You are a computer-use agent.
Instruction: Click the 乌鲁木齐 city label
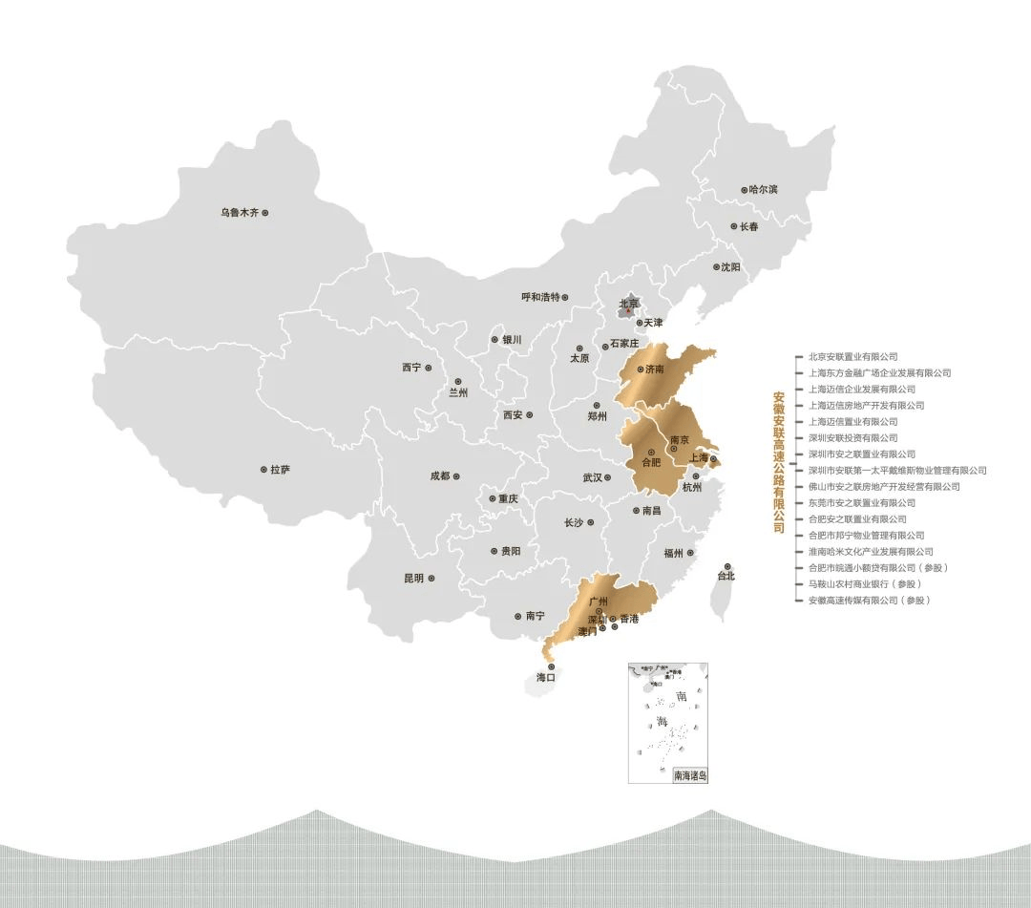[240, 212]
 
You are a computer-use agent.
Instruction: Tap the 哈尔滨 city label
[764, 189]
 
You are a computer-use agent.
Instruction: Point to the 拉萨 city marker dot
[263, 470]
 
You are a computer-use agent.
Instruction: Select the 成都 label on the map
[439, 475]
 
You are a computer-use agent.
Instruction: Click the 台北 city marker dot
[727, 566]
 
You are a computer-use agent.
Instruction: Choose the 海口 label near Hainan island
[546, 677]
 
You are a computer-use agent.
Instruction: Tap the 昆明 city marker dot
[432, 578]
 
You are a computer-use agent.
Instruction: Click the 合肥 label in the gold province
[650, 462]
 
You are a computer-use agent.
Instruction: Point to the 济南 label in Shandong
[654, 369]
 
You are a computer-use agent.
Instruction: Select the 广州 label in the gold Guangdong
[599, 602]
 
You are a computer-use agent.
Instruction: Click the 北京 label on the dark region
[628, 304]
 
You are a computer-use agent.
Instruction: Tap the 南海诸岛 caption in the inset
[690, 776]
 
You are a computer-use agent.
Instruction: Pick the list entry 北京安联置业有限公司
[852, 357]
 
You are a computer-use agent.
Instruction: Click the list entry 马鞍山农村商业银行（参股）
[865, 583]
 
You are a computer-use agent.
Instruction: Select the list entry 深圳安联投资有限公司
[852, 438]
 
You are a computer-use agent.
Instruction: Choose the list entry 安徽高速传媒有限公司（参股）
[868, 600]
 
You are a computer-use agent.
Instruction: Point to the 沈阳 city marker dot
[716, 267]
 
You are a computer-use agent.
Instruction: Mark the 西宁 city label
[411, 368]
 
